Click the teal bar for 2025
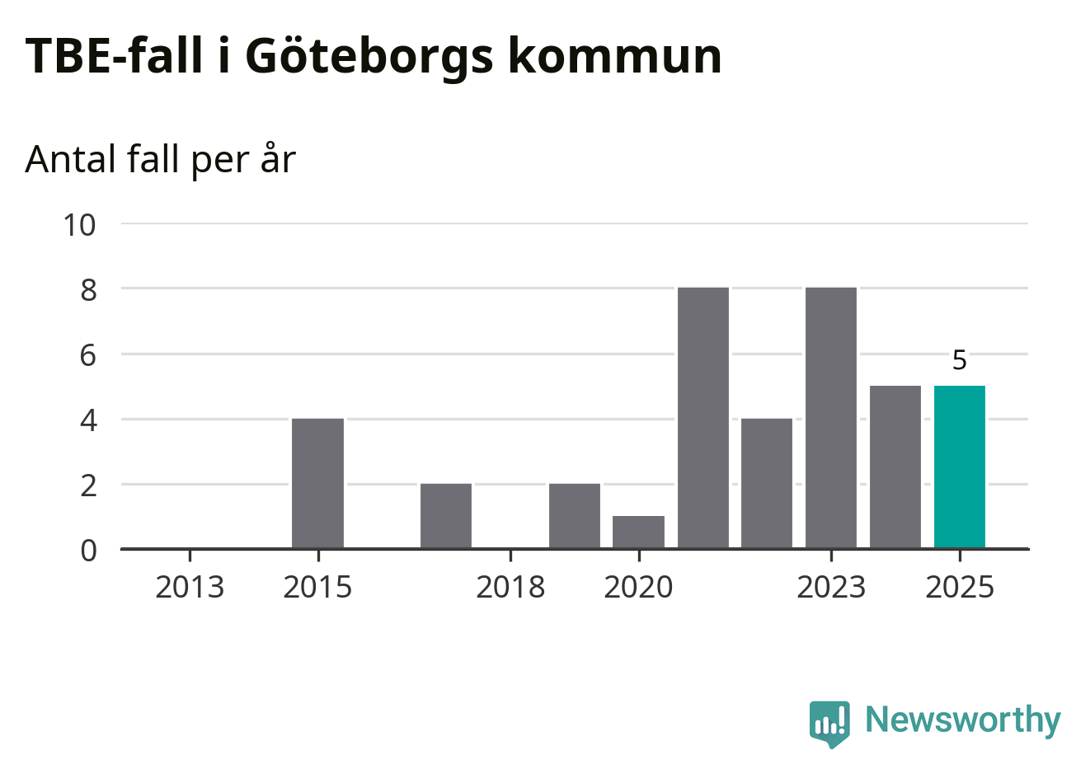pos(959,467)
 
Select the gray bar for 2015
pos(317,483)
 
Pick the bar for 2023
pos(831,418)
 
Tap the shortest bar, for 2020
pos(638,532)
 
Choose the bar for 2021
pos(702,418)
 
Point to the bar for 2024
pos(895,467)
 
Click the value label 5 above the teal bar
pos(959,360)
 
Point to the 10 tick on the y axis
pos(80,224)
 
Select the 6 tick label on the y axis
pos(88,355)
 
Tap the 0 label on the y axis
pos(88,550)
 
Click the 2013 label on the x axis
pos(190,588)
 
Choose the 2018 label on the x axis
pos(510,588)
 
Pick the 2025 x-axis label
pos(960,588)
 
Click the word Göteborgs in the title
pos(369,56)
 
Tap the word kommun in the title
pos(614,56)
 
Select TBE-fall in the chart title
pos(114,56)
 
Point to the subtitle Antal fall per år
pos(160,159)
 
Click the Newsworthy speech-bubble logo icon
pos(829,723)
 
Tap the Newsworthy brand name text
pos(962,720)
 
